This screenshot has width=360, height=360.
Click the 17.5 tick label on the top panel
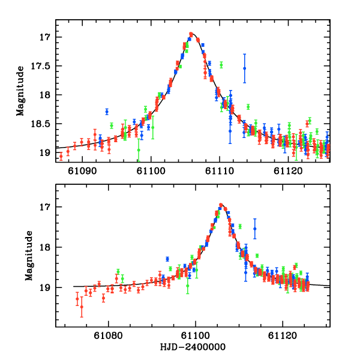(43, 66)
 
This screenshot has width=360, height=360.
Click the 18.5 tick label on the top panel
(43, 124)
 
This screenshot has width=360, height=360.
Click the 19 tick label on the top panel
(47, 152)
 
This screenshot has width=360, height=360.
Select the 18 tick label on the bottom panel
(47, 247)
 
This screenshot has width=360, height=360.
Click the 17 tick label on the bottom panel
(47, 207)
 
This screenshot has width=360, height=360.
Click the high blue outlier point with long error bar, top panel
(244, 68)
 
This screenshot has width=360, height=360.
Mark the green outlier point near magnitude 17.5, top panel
(221, 65)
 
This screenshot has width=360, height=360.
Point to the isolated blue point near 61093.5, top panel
(107, 112)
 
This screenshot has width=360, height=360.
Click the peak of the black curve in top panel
(191, 34)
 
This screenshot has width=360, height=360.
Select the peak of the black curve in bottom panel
(221, 205)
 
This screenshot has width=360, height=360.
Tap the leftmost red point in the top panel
(61, 156)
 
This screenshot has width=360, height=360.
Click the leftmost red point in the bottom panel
(77, 298)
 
